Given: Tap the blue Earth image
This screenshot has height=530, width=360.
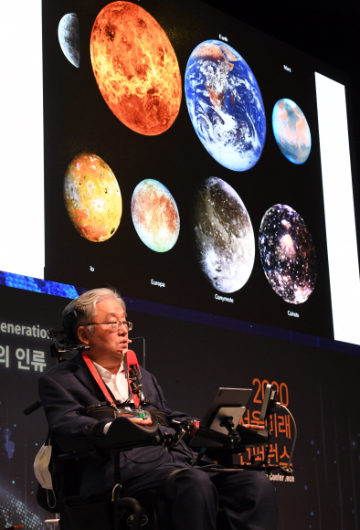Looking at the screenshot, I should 225,104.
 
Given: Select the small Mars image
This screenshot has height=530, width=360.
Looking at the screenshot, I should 291,131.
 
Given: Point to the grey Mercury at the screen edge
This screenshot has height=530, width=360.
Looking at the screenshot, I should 69,38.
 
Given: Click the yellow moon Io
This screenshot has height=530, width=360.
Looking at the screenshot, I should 92,197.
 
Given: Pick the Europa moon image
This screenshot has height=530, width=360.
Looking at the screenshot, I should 155,215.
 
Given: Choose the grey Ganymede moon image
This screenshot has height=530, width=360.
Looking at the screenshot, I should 224,234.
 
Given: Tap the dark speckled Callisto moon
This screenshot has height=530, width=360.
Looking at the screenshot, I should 287,253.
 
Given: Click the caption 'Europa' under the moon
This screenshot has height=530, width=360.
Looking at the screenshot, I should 157,282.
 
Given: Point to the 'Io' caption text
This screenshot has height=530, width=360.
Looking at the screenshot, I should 91,269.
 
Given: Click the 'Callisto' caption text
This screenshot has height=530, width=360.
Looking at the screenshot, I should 292,313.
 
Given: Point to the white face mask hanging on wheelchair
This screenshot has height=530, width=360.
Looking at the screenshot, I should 43,466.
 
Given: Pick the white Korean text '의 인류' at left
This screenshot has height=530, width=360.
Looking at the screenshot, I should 23,358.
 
